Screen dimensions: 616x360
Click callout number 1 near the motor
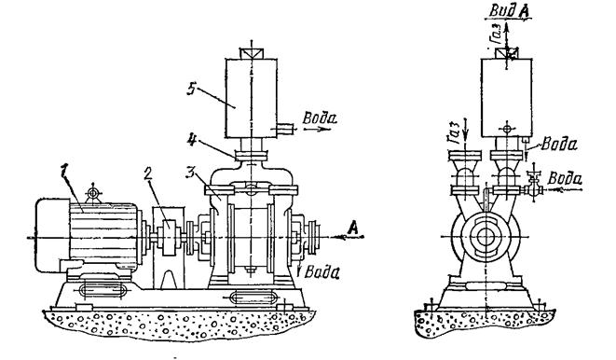[x=64, y=172]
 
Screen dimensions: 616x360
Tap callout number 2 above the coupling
[x=147, y=174]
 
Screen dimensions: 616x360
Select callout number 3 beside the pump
[x=190, y=172]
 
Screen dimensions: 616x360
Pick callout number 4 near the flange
[x=191, y=140]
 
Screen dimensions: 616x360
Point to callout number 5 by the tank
[x=191, y=89]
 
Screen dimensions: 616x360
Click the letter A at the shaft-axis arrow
[x=353, y=228]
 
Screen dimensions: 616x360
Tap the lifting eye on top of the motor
[x=92, y=193]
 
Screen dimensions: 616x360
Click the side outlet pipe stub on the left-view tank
[x=284, y=128]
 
